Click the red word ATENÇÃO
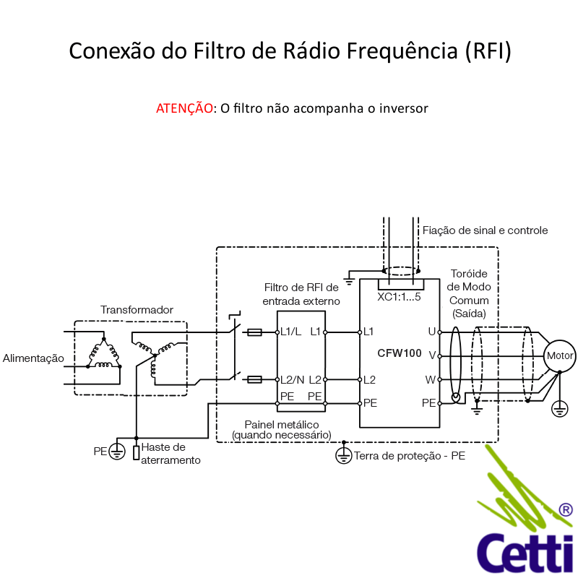point(184,108)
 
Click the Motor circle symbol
point(560,355)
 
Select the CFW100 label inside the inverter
point(399,353)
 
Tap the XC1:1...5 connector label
point(399,296)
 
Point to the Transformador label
point(137,310)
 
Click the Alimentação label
point(33,358)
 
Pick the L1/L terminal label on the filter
point(290,332)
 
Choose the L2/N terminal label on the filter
point(292,379)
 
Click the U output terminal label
point(431,332)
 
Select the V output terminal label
point(431,355)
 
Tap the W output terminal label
point(431,379)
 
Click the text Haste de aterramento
point(171,454)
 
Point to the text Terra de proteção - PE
point(409,456)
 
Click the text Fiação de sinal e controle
point(485,230)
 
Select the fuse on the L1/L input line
point(254,332)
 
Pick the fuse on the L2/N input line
point(254,379)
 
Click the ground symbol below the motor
point(559,410)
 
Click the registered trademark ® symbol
point(566,510)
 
